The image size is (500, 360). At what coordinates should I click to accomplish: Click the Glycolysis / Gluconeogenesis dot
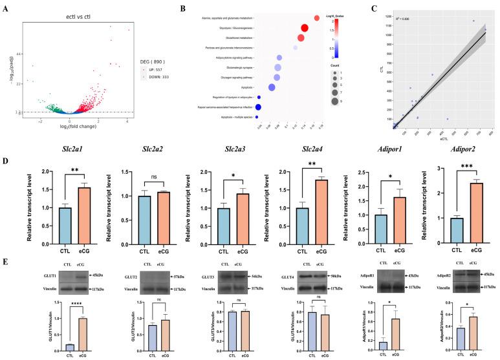tap(305, 28)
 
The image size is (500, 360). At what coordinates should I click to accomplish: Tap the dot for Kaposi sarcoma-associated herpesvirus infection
tap(258, 107)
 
